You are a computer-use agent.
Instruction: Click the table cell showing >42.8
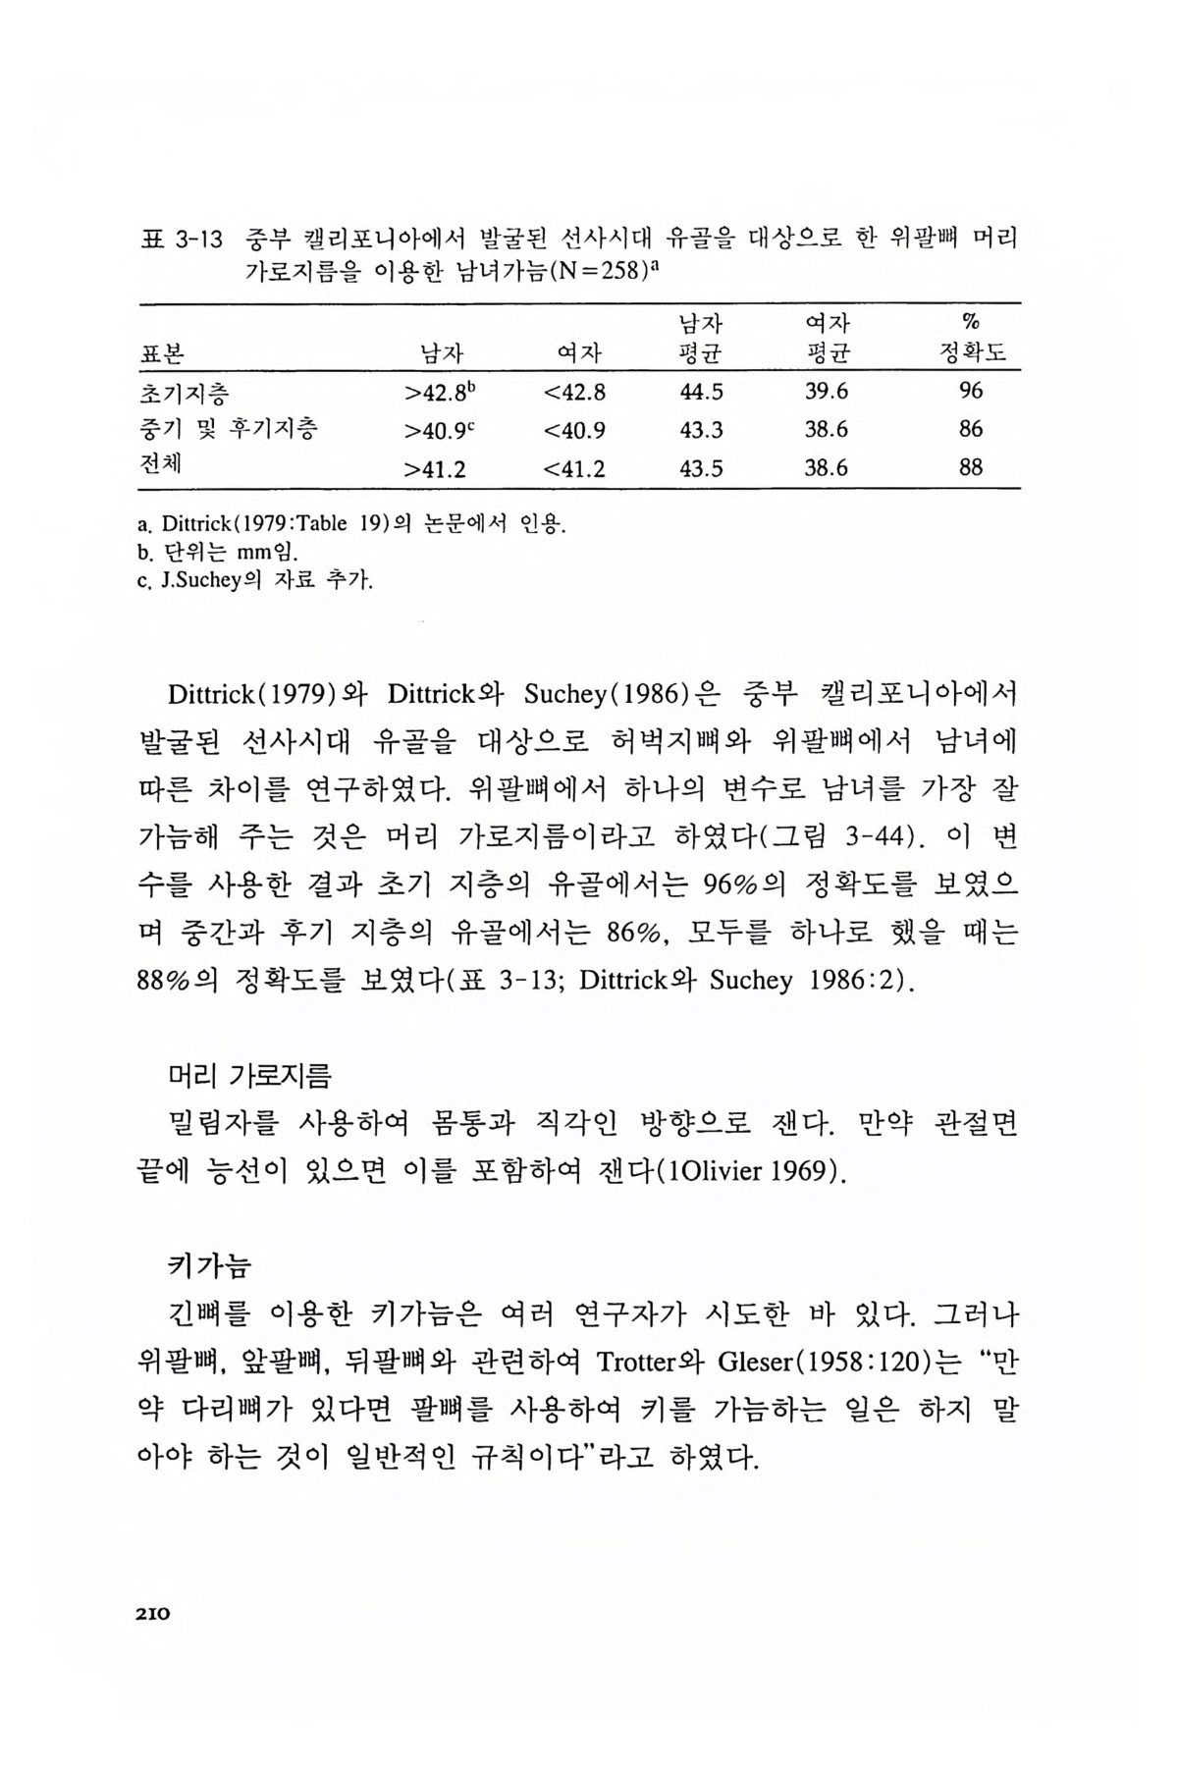pos(439,393)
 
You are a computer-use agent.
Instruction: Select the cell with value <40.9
pos(574,430)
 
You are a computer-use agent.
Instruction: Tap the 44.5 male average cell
pos(701,392)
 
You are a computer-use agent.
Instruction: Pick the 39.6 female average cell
pos(826,392)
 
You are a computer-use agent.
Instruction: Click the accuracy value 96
pos(970,392)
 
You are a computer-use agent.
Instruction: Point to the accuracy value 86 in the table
pos(970,430)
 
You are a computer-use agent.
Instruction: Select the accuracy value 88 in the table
pos(970,468)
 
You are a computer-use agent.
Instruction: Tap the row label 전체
pos(162,467)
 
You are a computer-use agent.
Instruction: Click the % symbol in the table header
pos(972,322)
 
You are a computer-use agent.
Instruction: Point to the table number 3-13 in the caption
pos(200,239)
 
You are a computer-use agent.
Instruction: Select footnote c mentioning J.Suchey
pos(255,581)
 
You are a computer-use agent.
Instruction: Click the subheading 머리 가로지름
pos(250,1077)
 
